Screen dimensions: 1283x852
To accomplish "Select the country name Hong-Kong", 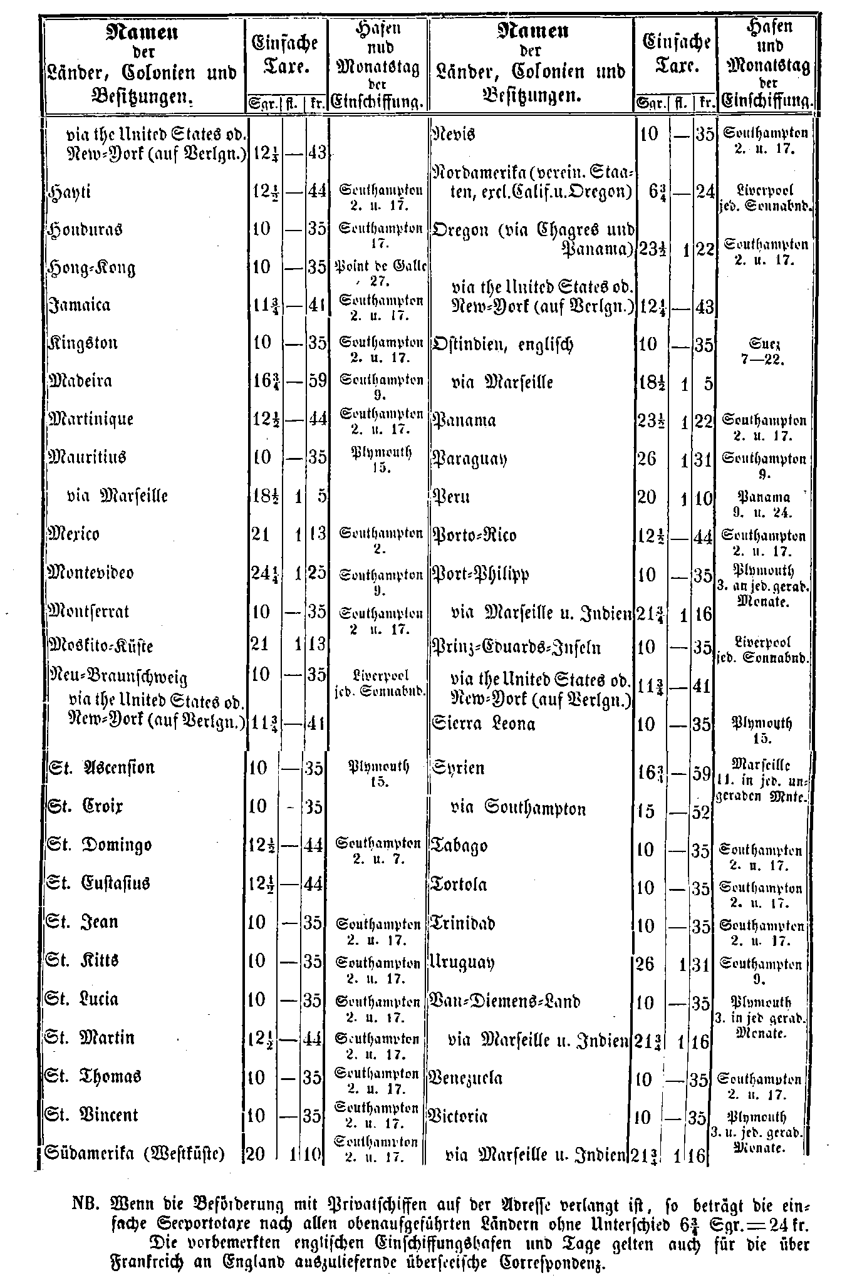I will [x=91, y=268].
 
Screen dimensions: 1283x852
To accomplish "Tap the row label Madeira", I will [x=80, y=381].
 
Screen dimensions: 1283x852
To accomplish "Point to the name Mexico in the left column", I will [x=74, y=534].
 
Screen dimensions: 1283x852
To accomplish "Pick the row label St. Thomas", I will [x=94, y=1076].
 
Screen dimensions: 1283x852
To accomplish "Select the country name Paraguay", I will [x=470, y=459].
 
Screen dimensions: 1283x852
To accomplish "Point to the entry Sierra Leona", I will [x=484, y=724].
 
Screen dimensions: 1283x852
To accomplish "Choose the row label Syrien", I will [x=458, y=768].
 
